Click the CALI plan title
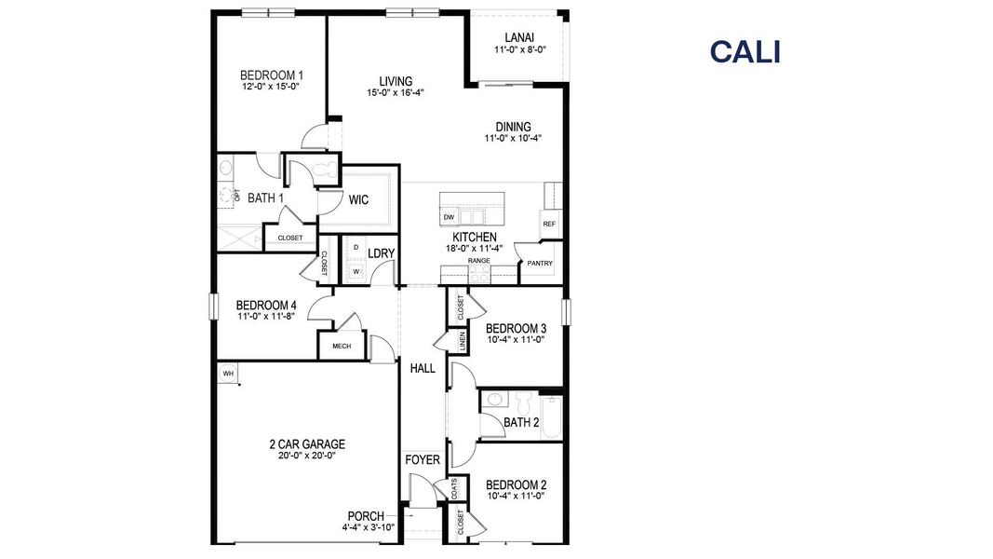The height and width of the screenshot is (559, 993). tap(745, 52)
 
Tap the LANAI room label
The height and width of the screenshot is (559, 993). tap(518, 38)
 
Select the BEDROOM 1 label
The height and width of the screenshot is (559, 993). tap(271, 75)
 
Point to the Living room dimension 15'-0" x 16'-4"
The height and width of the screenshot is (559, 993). tap(396, 93)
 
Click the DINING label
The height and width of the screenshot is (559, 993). tap(513, 127)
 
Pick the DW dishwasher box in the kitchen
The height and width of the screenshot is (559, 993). tap(449, 217)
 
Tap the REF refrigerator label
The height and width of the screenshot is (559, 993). tap(549, 225)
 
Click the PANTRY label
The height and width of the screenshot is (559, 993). tap(540, 263)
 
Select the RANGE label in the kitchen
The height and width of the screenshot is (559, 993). tap(478, 261)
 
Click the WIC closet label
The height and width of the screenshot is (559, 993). tap(359, 199)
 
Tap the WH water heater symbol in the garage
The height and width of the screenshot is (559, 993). tap(227, 374)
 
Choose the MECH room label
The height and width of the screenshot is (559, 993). tap(341, 347)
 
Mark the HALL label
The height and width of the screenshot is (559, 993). tap(423, 368)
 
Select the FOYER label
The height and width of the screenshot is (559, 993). tap(422, 460)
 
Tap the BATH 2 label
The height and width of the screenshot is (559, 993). tap(521, 422)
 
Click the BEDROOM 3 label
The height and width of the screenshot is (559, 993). tap(516, 328)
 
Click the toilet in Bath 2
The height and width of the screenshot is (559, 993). tap(522, 402)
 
